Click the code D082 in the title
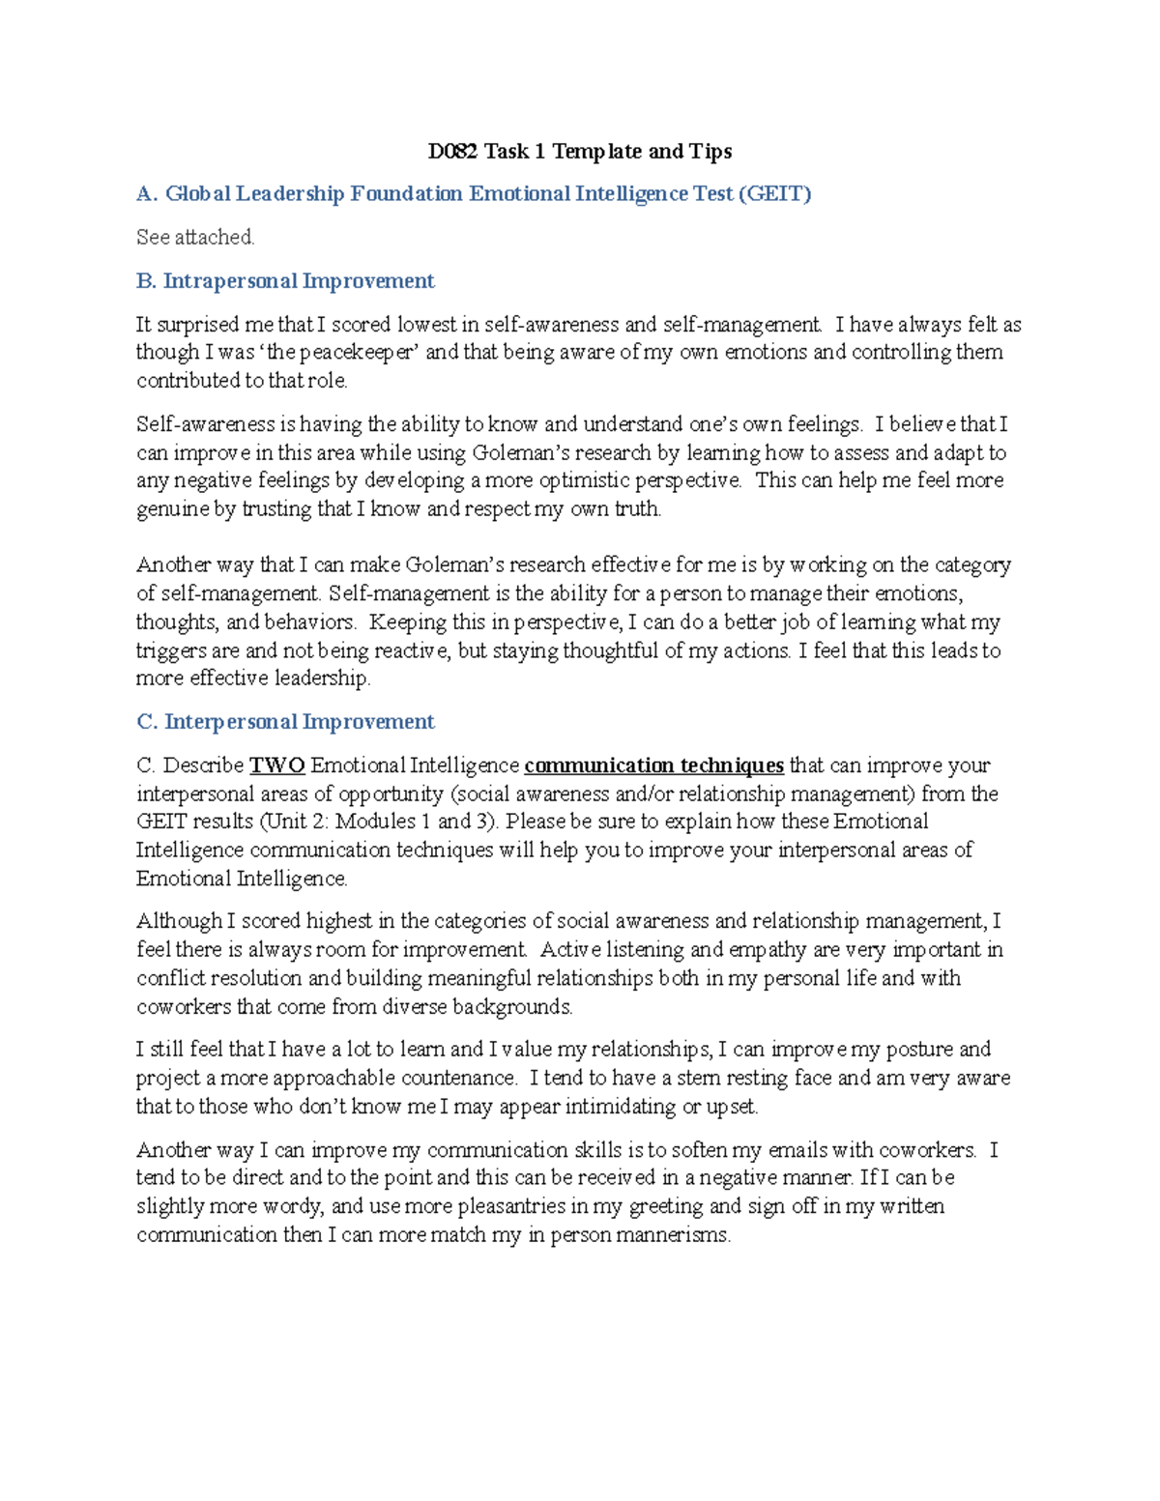pos(453,151)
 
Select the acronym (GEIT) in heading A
pos(774,194)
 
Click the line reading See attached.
pos(195,237)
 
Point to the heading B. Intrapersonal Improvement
pos(285,281)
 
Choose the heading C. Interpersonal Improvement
pos(285,722)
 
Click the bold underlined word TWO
pos(277,765)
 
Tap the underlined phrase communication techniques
pos(653,765)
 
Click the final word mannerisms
pos(673,1235)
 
